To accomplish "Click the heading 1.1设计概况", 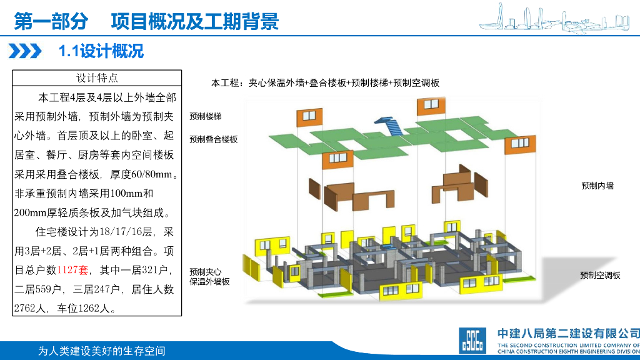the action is click(101, 51).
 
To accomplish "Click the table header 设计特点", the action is click(97, 78).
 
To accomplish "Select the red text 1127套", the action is click(74, 270).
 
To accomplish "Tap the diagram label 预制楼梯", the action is click(206, 116).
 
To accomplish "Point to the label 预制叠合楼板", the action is click(214, 139).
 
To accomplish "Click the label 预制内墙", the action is click(597, 186).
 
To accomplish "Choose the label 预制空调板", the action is click(600, 275).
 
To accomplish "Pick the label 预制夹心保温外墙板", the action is click(209, 277).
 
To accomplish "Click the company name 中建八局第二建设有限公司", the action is click(567, 334).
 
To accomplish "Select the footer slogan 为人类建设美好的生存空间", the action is click(102, 351).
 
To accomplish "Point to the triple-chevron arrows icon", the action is click(28, 51).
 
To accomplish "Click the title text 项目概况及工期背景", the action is click(194, 22).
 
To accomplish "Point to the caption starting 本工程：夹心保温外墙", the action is click(325, 83).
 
